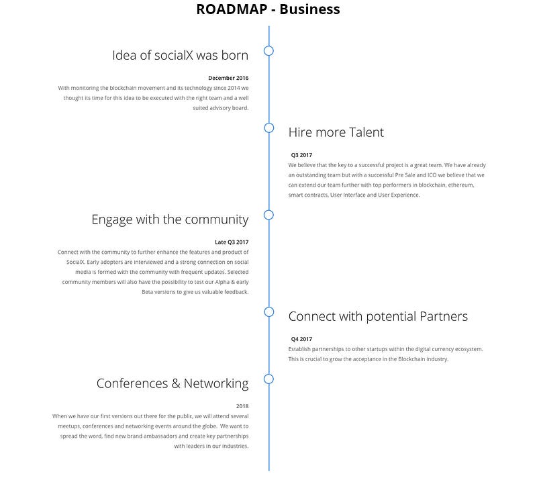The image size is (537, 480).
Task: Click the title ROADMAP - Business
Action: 268,9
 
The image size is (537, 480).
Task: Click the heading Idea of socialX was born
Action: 180,55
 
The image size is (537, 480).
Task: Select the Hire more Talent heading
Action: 336,132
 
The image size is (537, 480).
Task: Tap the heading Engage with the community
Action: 170,220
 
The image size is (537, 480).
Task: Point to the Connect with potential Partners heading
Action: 378,317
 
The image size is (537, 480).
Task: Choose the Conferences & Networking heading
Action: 173,384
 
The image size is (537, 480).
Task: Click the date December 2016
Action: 228,78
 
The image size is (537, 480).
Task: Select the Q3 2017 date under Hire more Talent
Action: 301,155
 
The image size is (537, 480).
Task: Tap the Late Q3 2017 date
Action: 232,242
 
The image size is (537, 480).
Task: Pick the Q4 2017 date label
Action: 301,339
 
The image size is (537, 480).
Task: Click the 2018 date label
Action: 242,406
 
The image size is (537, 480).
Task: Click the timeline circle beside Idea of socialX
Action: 269,46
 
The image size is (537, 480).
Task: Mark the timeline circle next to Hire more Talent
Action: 269,124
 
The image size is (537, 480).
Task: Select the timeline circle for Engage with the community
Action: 269,210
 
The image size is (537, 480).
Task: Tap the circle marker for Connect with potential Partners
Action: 269,307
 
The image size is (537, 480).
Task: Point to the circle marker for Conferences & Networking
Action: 269,375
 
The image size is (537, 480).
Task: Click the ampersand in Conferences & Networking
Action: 176,383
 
